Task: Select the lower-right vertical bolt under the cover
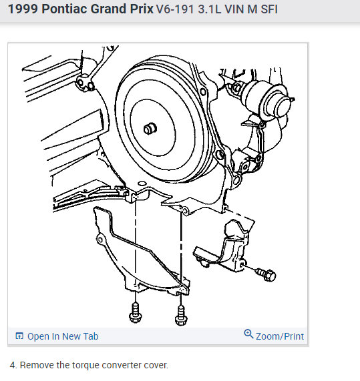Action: (x=180, y=313)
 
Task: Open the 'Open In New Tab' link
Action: (x=62, y=336)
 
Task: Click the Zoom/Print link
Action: (x=280, y=336)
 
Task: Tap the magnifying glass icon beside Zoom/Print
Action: (x=249, y=334)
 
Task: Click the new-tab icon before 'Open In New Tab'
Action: (x=19, y=336)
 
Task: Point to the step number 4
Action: (x=13, y=365)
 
